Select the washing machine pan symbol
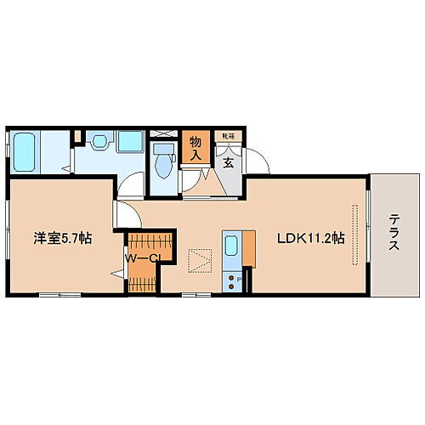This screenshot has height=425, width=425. pyautogui.click(x=130, y=141)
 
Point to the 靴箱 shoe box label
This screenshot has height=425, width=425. pyautogui.click(x=227, y=136)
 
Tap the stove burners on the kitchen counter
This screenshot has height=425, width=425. pyautogui.click(x=232, y=278)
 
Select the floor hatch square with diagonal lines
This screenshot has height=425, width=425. pyautogui.click(x=201, y=258)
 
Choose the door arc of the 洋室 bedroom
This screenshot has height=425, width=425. pyautogui.click(x=125, y=210)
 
